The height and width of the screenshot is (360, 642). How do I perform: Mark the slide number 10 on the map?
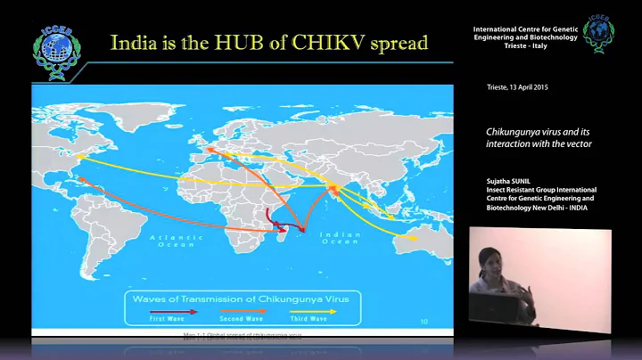click(x=423, y=319)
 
